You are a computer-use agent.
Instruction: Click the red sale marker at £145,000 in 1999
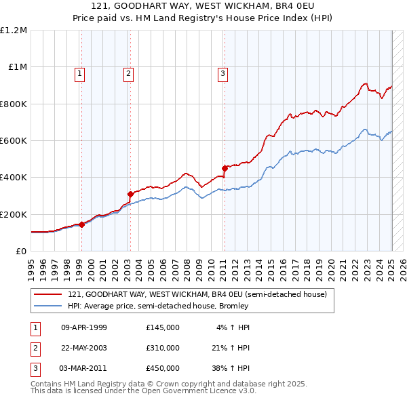point(81,224)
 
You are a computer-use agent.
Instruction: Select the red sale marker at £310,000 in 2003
point(130,194)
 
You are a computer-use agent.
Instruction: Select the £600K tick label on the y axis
point(14,141)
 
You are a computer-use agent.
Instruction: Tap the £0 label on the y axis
point(21,251)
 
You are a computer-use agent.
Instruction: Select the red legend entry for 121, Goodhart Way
point(197,294)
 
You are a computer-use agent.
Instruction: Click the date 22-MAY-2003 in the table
point(84,348)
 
